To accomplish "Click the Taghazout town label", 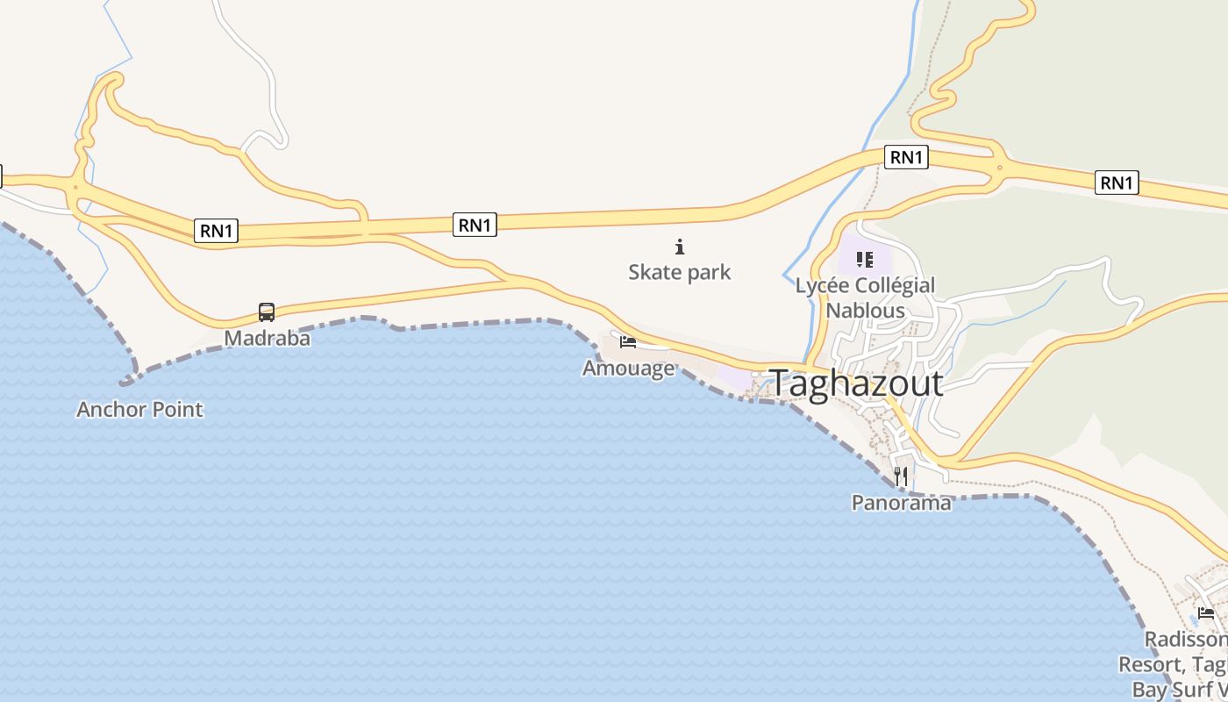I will coord(855,383).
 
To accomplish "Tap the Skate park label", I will coord(679,272).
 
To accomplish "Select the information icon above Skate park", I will coord(679,247).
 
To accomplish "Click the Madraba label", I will coord(267,338).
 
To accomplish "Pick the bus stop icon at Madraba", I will coord(267,312).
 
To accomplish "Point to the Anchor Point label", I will coord(139,409).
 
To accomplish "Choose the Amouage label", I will coord(628,368).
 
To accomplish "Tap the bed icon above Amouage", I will coord(627,341).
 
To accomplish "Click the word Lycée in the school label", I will coord(823,285).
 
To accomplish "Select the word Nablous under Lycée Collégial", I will coord(865,311).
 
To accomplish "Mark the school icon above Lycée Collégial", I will coord(865,260).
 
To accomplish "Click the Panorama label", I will coord(901,503).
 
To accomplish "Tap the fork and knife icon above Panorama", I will coord(901,476).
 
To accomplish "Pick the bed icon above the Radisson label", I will coord(1206,612).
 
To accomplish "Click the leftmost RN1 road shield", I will coord(216,231).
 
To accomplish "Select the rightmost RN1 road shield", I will coord(1117,183).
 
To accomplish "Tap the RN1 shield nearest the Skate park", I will coord(475,225).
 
